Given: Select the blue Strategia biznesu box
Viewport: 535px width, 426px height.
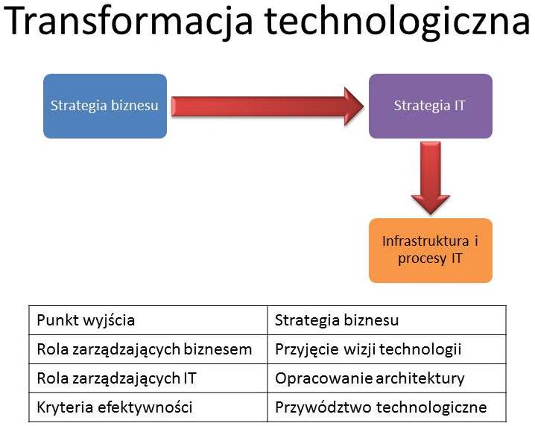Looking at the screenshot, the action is point(105,106).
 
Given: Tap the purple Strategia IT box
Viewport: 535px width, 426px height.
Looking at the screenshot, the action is point(430,106).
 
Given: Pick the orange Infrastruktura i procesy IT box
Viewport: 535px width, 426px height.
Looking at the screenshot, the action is point(430,250).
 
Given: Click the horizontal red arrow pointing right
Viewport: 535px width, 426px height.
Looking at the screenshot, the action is point(267,106).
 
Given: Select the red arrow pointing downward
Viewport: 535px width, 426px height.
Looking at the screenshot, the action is point(431,178).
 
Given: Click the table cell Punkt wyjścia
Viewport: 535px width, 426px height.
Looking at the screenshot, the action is point(148,320).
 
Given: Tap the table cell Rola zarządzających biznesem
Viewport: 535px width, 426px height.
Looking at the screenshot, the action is point(148,349).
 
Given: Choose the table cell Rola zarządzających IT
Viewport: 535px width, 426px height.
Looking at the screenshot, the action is point(148,378).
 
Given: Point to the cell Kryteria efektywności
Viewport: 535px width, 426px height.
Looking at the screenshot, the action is point(148,407).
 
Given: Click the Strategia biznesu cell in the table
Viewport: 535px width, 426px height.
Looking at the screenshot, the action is point(387,320).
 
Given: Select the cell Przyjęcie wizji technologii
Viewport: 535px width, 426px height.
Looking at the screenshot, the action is point(387,349).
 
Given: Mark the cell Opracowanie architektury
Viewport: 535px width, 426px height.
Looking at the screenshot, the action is point(387,378).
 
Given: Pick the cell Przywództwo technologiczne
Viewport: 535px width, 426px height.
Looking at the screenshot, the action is point(387,407).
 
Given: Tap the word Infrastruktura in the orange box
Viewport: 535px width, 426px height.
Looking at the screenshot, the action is point(425,241).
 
